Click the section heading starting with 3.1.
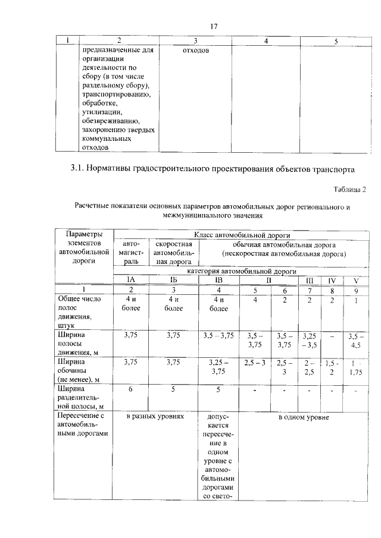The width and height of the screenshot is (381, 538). (x=212, y=169)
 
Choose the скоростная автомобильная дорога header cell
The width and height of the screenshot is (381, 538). (x=174, y=253)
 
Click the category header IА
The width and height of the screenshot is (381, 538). (x=131, y=280)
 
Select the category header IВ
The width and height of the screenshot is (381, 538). (x=218, y=280)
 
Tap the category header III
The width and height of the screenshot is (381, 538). (x=309, y=280)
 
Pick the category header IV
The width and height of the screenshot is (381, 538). (x=332, y=280)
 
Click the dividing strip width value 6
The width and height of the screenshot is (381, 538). (x=131, y=389)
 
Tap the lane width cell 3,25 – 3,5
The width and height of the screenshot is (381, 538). (x=309, y=340)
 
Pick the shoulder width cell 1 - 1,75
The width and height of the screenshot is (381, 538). (x=356, y=367)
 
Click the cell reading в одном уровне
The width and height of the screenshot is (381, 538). (x=303, y=417)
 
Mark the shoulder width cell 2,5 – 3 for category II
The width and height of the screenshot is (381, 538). (x=255, y=362)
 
